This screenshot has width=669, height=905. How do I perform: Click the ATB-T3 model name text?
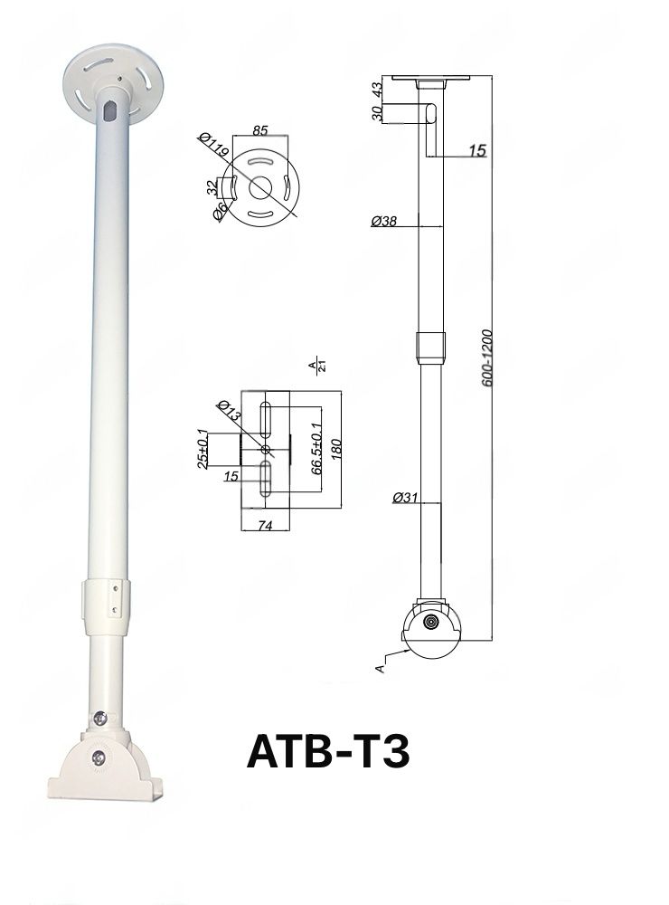pos(328,752)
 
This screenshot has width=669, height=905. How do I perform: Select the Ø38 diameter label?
pos(384,220)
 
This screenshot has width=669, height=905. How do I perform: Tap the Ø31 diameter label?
pos(405,497)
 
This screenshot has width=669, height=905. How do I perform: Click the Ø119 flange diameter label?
pos(213,148)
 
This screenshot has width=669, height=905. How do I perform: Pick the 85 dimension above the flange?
pos(259,130)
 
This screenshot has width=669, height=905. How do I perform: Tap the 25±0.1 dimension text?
pos(203,448)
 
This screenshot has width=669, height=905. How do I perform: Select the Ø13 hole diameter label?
pos(229,412)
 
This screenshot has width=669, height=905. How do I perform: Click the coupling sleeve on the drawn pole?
pos(429,346)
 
